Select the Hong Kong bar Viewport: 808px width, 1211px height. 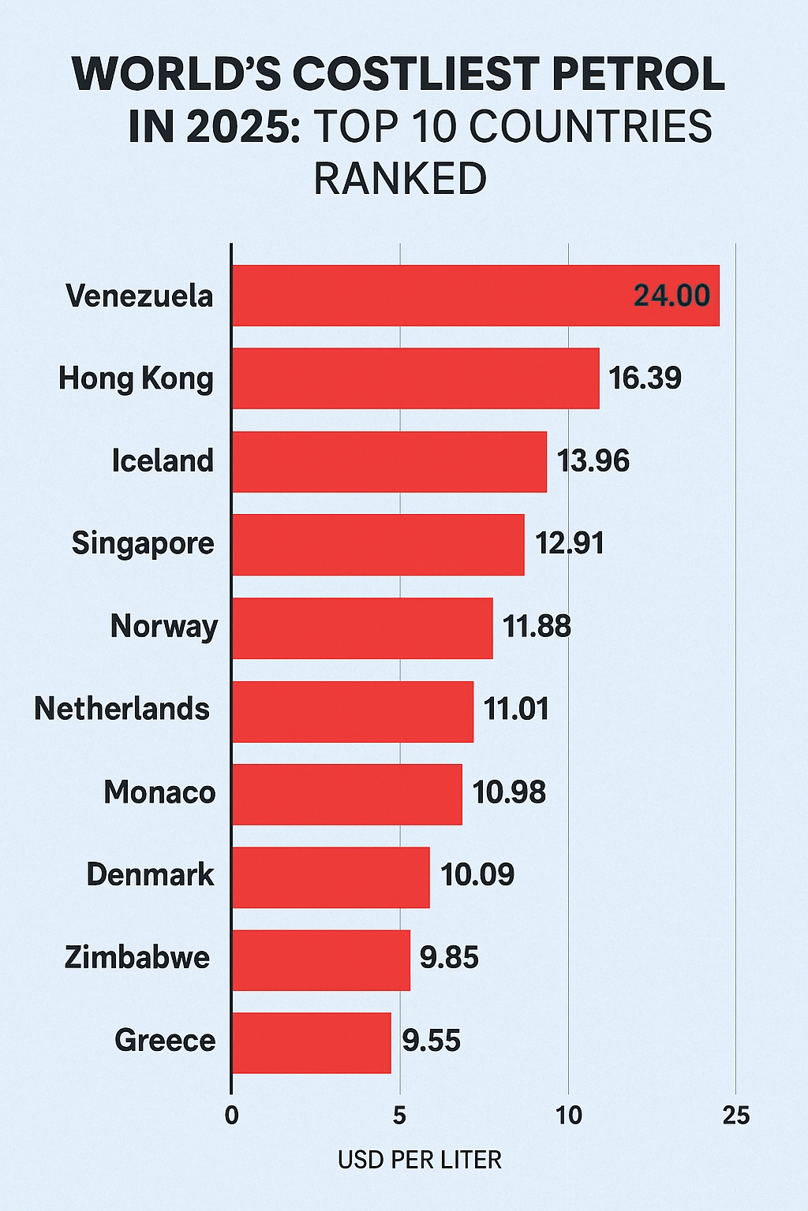(x=415, y=378)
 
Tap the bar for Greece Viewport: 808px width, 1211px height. (x=311, y=1042)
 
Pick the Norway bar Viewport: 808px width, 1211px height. (x=362, y=628)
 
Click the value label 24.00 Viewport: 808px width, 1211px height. (x=671, y=296)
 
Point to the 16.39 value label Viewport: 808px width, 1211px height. (x=645, y=378)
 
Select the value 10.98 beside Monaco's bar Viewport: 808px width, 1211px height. (x=509, y=792)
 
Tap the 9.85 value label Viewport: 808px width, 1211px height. (x=449, y=958)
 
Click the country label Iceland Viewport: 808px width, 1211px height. (x=163, y=460)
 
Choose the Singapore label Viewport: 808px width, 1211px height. (x=143, y=543)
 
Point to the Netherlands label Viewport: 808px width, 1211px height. (x=122, y=709)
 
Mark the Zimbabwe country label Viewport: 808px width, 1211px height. (x=137, y=957)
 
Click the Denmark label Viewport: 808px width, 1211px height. (x=150, y=874)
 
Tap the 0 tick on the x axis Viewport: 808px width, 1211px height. (x=231, y=1116)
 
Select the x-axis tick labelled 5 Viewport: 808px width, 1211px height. (x=399, y=1116)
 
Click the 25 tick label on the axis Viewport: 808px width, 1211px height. (x=735, y=1116)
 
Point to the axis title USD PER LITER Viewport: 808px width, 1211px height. (x=419, y=1160)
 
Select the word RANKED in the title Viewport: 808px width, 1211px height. (x=400, y=179)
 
